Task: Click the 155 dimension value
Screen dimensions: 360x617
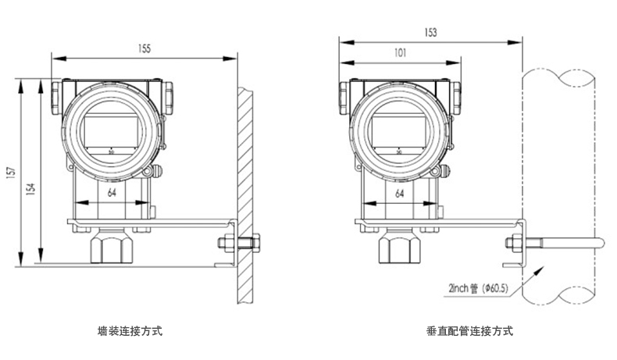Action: pyautogui.click(x=144, y=48)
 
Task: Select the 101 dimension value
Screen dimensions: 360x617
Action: pyautogui.click(x=400, y=53)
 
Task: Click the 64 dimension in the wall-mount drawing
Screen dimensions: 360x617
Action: pyautogui.click(x=112, y=192)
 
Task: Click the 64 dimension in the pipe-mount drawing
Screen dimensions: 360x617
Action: pyautogui.click(x=399, y=192)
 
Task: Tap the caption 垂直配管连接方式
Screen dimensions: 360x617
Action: pyautogui.click(x=469, y=331)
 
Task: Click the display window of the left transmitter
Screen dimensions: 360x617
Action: pyautogui.click(x=111, y=130)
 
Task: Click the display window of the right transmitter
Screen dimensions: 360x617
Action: pyautogui.click(x=398, y=130)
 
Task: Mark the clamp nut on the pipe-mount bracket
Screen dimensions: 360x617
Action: pyautogui.click(x=515, y=241)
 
